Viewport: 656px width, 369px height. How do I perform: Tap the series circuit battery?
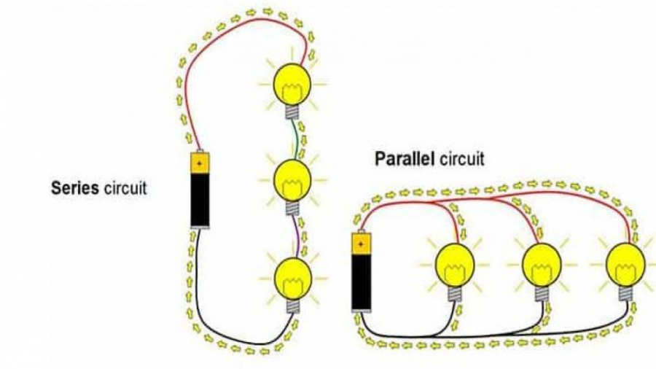[x=200, y=190]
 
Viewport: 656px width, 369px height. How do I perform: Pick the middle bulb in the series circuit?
[x=292, y=178]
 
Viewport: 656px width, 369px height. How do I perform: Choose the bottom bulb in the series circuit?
[x=292, y=276]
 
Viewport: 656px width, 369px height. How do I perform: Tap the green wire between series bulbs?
[x=296, y=139]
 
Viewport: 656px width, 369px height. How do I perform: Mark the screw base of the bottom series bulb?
[x=294, y=303]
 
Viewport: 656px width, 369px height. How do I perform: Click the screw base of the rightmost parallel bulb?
[x=625, y=292]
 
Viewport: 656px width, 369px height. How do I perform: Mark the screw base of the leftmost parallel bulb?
[x=455, y=292]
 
